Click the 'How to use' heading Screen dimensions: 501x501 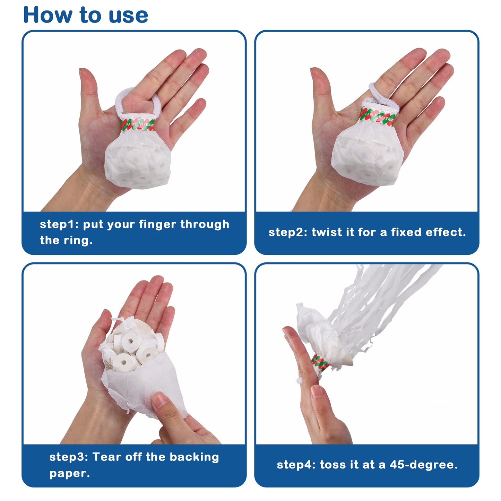(86, 15)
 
